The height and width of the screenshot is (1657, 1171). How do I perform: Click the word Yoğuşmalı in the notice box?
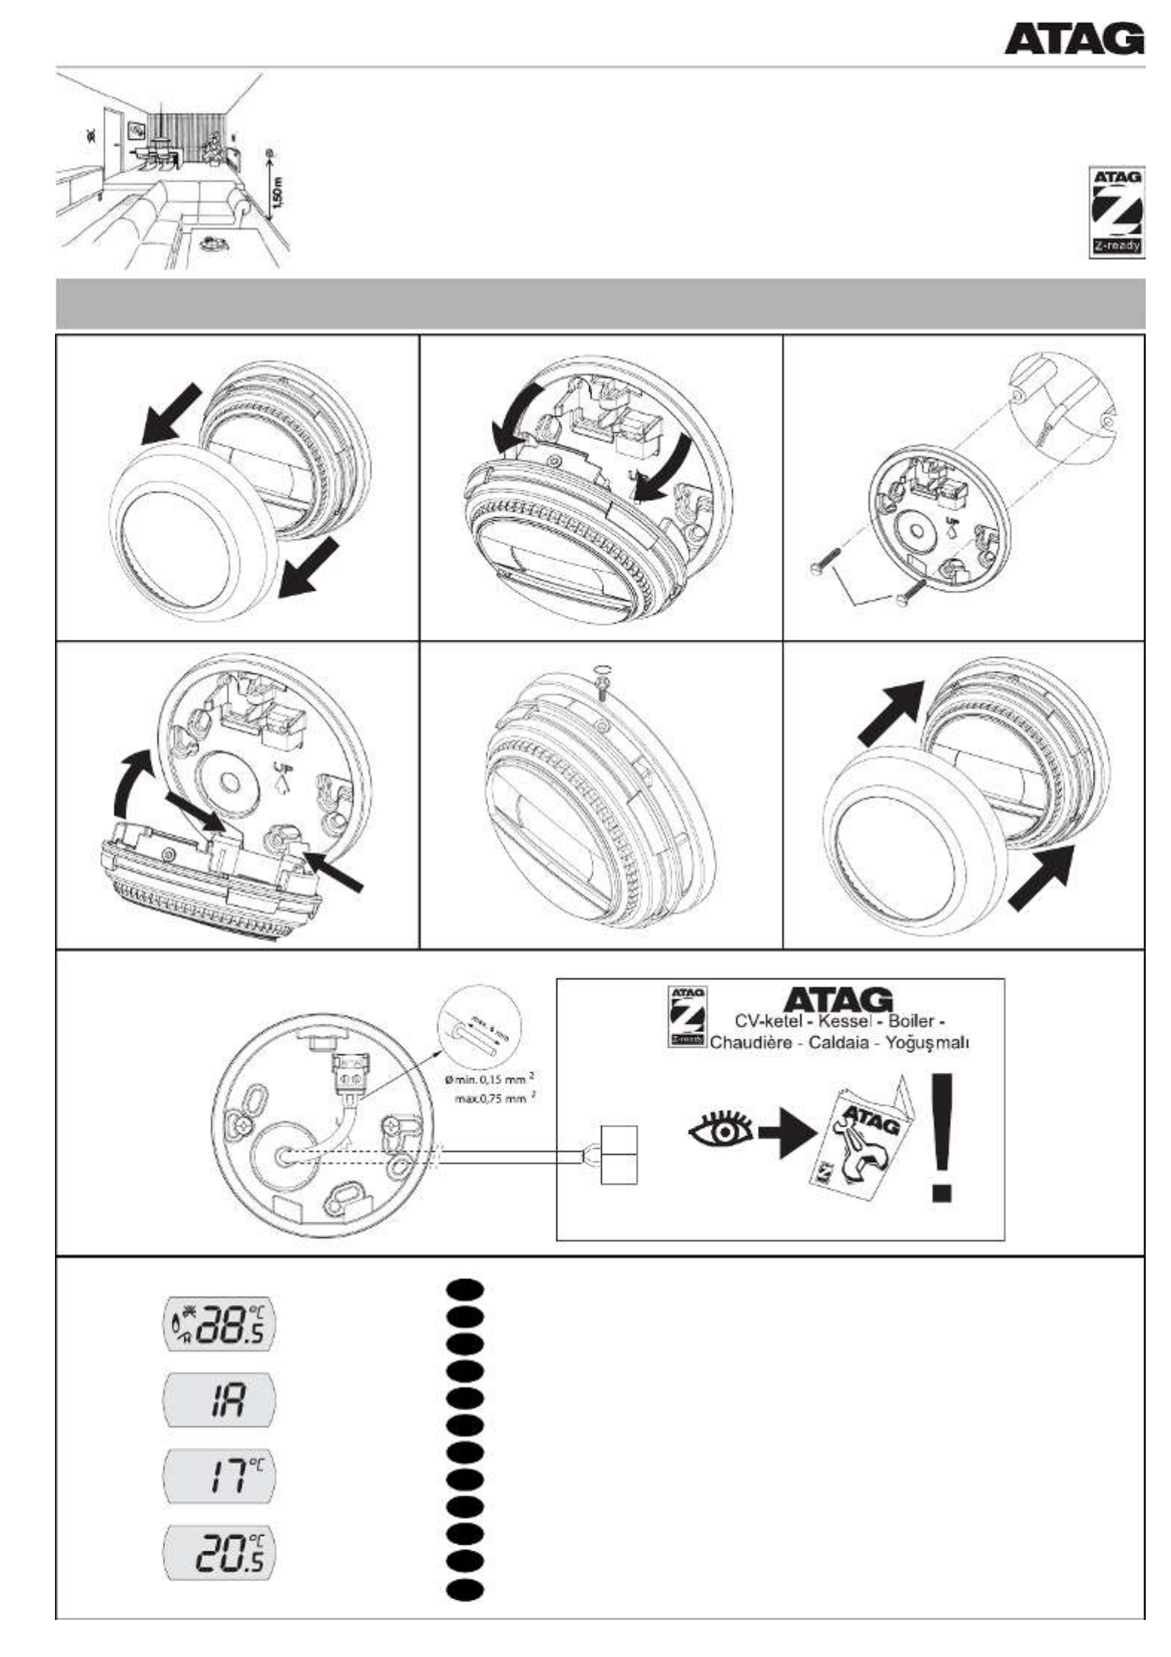click(928, 1042)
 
